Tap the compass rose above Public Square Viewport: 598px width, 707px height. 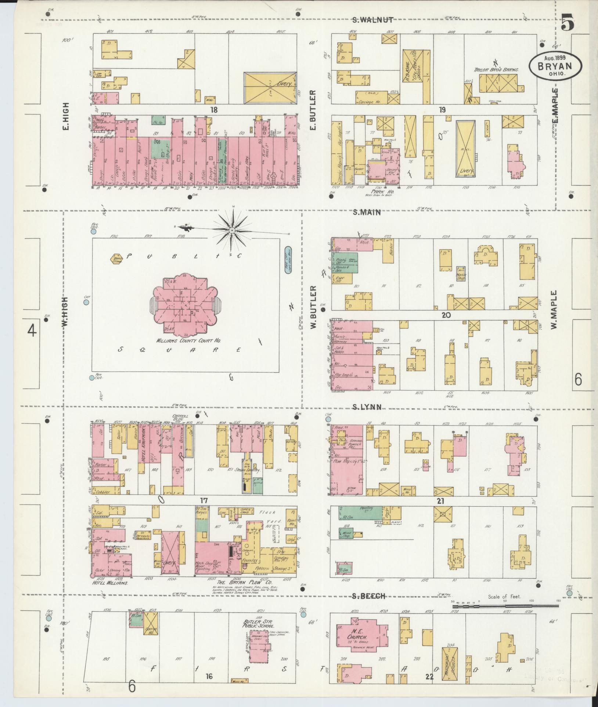pos(232,230)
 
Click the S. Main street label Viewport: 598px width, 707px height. pos(366,212)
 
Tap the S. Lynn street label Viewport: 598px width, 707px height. pos(366,407)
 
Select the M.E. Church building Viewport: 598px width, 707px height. pos(361,638)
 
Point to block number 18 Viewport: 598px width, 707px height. pos(214,109)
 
